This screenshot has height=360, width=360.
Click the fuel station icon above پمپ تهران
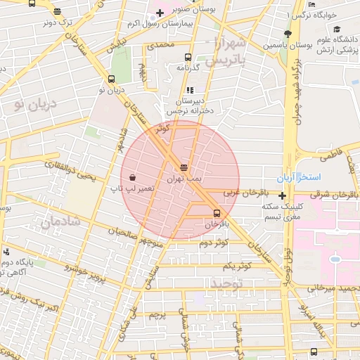click(184, 167)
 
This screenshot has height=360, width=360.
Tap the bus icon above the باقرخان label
click(216, 213)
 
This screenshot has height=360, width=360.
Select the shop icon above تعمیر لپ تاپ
click(133, 176)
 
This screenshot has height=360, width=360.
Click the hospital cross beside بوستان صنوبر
click(160, 13)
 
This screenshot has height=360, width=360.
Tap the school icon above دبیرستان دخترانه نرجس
click(191, 90)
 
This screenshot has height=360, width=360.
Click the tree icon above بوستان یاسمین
click(287, 34)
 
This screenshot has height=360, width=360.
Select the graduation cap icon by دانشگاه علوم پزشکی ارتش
click(337, 30)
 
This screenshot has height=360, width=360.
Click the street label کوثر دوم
click(214, 243)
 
